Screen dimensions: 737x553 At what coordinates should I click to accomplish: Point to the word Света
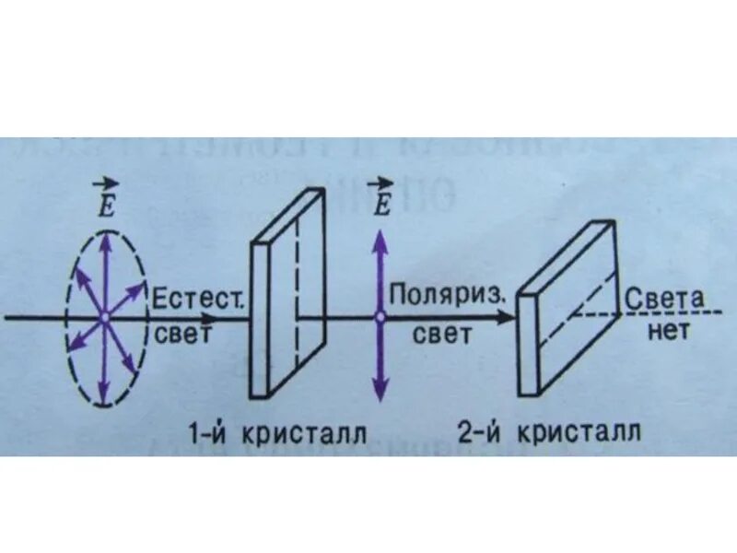(x=664, y=299)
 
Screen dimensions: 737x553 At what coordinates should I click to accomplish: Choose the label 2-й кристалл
(x=549, y=431)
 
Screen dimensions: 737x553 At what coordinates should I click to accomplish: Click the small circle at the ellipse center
(x=104, y=317)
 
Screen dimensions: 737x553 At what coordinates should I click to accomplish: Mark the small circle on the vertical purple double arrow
(x=379, y=317)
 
